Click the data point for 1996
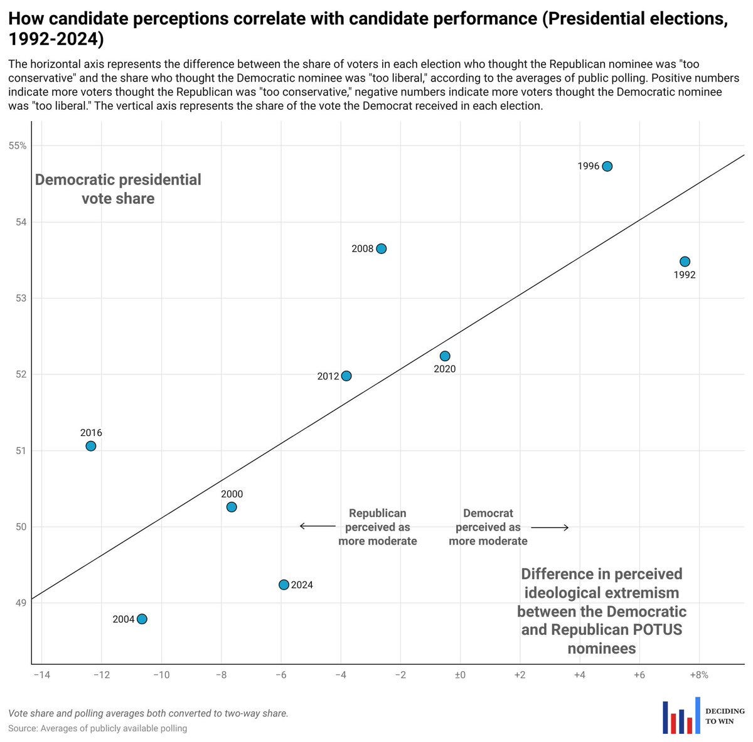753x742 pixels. [x=607, y=166]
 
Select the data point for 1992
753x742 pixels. [x=685, y=262]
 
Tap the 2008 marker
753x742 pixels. [x=381, y=249]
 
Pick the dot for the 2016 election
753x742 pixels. [x=90, y=446]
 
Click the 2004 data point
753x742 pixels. [x=142, y=619]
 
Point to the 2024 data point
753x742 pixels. [x=284, y=585]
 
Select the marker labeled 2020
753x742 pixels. [x=445, y=356]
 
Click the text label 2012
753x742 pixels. [x=328, y=376]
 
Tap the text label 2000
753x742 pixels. [x=232, y=494]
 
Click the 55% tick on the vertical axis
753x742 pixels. [x=17, y=146]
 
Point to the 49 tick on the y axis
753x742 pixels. [x=21, y=603]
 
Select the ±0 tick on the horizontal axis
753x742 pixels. [x=460, y=676]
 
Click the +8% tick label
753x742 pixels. [x=699, y=676]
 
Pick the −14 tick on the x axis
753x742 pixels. [x=41, y=676]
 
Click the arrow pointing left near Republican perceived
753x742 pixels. [x=310, y=526]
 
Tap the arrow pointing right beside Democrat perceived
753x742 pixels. [x=550, y=527]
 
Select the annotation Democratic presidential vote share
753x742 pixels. [x=118, y=189]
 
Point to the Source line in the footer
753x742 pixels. [x=97, y=728]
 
